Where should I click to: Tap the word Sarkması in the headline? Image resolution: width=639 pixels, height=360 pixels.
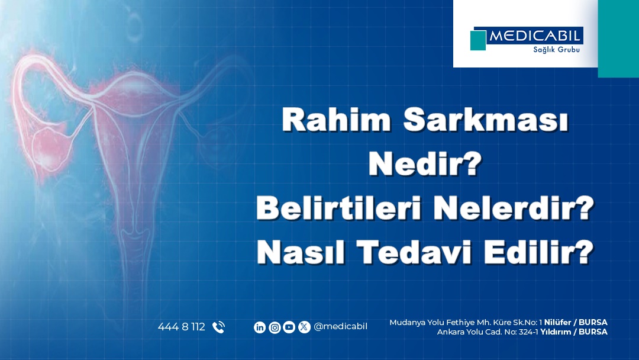[x=486, y=120]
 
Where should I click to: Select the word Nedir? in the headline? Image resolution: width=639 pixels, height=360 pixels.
[x=425, y=163]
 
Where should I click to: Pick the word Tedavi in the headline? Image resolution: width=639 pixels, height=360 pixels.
[x=414, y=252]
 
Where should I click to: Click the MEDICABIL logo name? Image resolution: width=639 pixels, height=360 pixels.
[x=534, y=36]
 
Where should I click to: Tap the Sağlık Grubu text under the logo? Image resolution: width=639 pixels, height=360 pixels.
[x=556, y=50]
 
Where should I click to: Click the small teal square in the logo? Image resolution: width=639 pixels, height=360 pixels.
[x=478, y=40]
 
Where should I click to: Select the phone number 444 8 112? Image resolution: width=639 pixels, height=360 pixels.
[x=182, y=327]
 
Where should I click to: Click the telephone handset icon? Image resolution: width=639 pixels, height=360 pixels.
[x=218, y=327]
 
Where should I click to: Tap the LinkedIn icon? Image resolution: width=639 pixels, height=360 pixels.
[x=260, y=327]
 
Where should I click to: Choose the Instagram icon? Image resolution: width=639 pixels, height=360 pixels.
[x=275, y=327]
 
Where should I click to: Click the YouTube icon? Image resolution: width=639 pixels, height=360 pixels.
[x=289, y=327]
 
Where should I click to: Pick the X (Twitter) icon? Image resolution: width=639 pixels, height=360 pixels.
[x=304, y=327]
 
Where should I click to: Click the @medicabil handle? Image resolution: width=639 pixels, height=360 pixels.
[x=340, y=327]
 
